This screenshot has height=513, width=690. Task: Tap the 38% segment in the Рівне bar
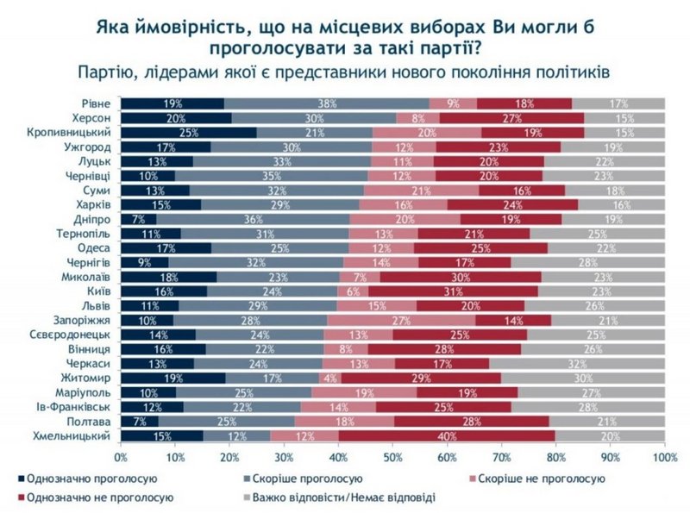[x=326, y=103]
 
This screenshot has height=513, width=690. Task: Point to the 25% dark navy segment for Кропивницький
[x=188, y=133]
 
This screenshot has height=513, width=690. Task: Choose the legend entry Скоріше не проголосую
[x=544, y=477]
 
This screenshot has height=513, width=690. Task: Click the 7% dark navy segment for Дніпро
[x=138, y=219]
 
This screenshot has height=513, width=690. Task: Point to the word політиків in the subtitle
[x=582, y=71]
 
